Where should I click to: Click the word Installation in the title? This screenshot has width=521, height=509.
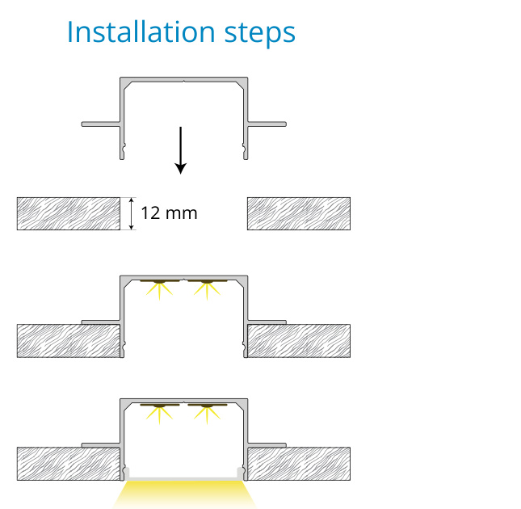[141, 32]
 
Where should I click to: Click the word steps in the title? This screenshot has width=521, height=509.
[260, 34]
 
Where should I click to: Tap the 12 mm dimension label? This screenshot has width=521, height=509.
[169, 213]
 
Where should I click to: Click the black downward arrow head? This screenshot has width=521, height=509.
[180, 168]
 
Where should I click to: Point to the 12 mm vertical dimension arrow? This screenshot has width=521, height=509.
[132, 213]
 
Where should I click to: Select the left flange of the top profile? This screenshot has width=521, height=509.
[101, 124]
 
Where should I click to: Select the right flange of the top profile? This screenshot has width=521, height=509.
[267, 124]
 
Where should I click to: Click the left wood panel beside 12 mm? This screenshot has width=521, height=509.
[69, 213]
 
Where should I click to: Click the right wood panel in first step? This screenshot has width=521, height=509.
[299, 213]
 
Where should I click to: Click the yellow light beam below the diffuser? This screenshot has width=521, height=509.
[184, 495]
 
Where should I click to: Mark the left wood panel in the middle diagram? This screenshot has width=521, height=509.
[69, 341]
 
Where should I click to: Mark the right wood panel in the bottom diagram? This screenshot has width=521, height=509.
[299, 464]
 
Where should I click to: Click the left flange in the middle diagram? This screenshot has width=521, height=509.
[101, 322]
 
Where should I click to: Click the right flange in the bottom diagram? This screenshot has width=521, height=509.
[267, 445]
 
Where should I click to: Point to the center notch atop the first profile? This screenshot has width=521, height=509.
[184, 81]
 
